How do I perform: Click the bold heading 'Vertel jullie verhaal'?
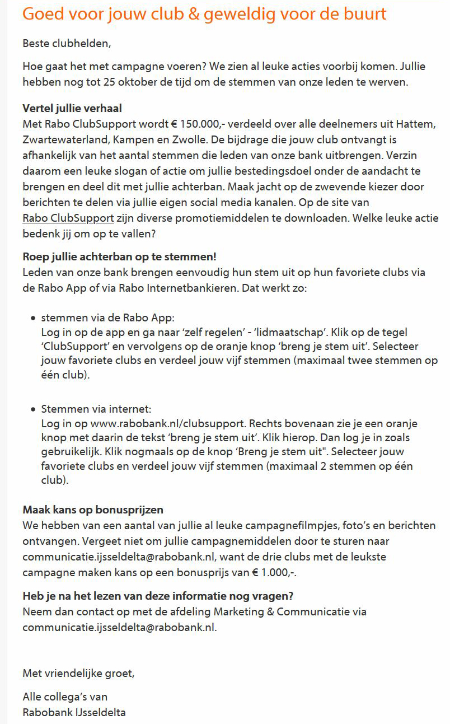point(72,108)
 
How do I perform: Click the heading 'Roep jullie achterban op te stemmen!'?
point(119,256)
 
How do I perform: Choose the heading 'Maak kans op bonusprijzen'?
point(93,510)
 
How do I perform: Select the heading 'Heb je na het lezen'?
point(158,595)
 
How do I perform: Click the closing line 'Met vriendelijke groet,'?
point(79,672)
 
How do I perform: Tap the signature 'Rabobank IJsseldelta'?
point(74,713)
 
